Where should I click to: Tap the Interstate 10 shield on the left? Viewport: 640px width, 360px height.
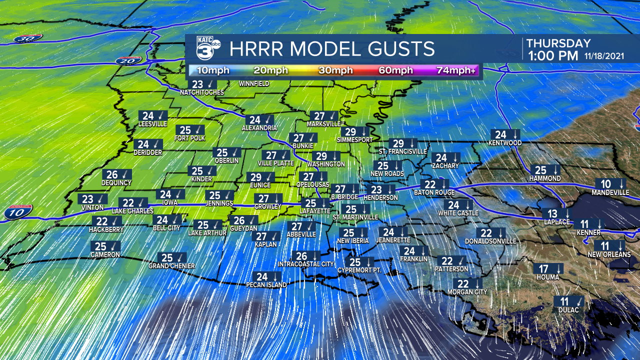coord(18,212)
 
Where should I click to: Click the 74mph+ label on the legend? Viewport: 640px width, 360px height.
coord(456,70)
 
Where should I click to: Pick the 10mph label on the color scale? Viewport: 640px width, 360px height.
coord(213,70)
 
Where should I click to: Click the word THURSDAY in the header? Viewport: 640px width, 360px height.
coord(558,43)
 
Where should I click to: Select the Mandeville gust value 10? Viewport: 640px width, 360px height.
coord(605,183)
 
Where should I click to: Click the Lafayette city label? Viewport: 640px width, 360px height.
coord(314,211)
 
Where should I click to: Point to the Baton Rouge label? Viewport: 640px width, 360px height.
coord(434,192)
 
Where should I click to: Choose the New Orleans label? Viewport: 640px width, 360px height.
coord(609,254)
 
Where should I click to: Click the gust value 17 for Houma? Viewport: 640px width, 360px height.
coord(543,268)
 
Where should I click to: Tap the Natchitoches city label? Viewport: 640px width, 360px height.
coord(202,92)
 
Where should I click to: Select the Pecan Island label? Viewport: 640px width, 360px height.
coord(266,285)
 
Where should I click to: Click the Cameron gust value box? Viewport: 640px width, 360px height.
coord(105,246)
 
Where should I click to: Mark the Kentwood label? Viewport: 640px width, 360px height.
coord(505,143)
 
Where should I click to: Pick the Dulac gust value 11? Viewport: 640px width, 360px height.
coord(564,301)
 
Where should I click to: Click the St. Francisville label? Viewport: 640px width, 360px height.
coord(402,151)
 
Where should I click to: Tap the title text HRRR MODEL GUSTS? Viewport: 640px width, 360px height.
coord(332,49)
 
